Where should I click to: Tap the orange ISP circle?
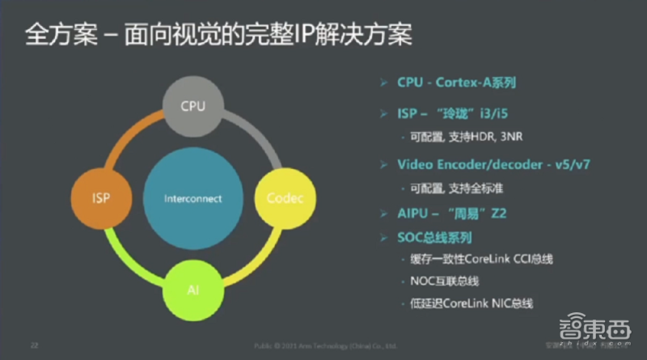click(x=101, y=197)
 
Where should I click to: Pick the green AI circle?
click(x=191, y=289)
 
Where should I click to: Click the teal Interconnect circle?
click(x=192, y=198)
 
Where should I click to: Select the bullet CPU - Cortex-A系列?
click(x=456, y=83)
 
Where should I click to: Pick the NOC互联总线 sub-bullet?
click(x=445, y=281)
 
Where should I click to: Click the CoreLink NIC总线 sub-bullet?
click(x=472, y=303)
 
